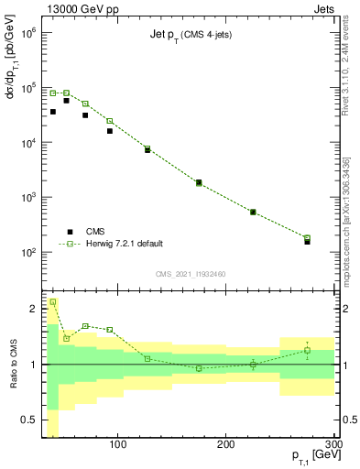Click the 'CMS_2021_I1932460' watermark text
click(x=191, y=274)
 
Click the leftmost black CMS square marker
click(x=53, y=112)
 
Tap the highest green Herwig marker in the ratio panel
click(x=53, y=301)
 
